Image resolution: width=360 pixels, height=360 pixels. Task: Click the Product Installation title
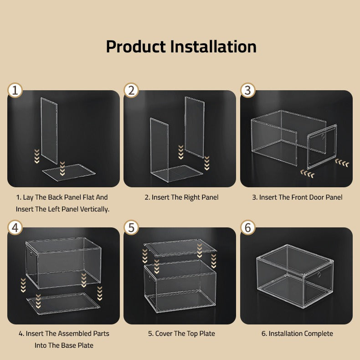click(181, 46)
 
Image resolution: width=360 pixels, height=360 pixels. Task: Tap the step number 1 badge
click(15, 90)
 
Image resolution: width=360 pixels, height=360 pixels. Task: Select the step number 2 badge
click(131, 90)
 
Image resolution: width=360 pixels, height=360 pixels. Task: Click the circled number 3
click(248, 90)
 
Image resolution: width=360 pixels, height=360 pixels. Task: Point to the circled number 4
click(15, 227)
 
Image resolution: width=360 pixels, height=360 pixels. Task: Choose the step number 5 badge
click(131, 227)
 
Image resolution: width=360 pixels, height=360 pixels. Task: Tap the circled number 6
click(248, 227)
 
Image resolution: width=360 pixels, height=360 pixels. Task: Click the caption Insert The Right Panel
click(181, 197)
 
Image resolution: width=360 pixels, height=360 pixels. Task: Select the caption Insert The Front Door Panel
click(297, 197)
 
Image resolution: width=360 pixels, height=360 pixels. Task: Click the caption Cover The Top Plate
click(181, 334)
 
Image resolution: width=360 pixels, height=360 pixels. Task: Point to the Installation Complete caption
click(297, 334)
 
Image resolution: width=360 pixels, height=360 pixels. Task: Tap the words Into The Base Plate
click(64, 345)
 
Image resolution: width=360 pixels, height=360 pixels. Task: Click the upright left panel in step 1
click(49, 130)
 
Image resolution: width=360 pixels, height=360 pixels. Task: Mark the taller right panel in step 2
click(194, 126)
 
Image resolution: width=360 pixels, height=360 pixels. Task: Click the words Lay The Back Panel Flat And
click(62, 197)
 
